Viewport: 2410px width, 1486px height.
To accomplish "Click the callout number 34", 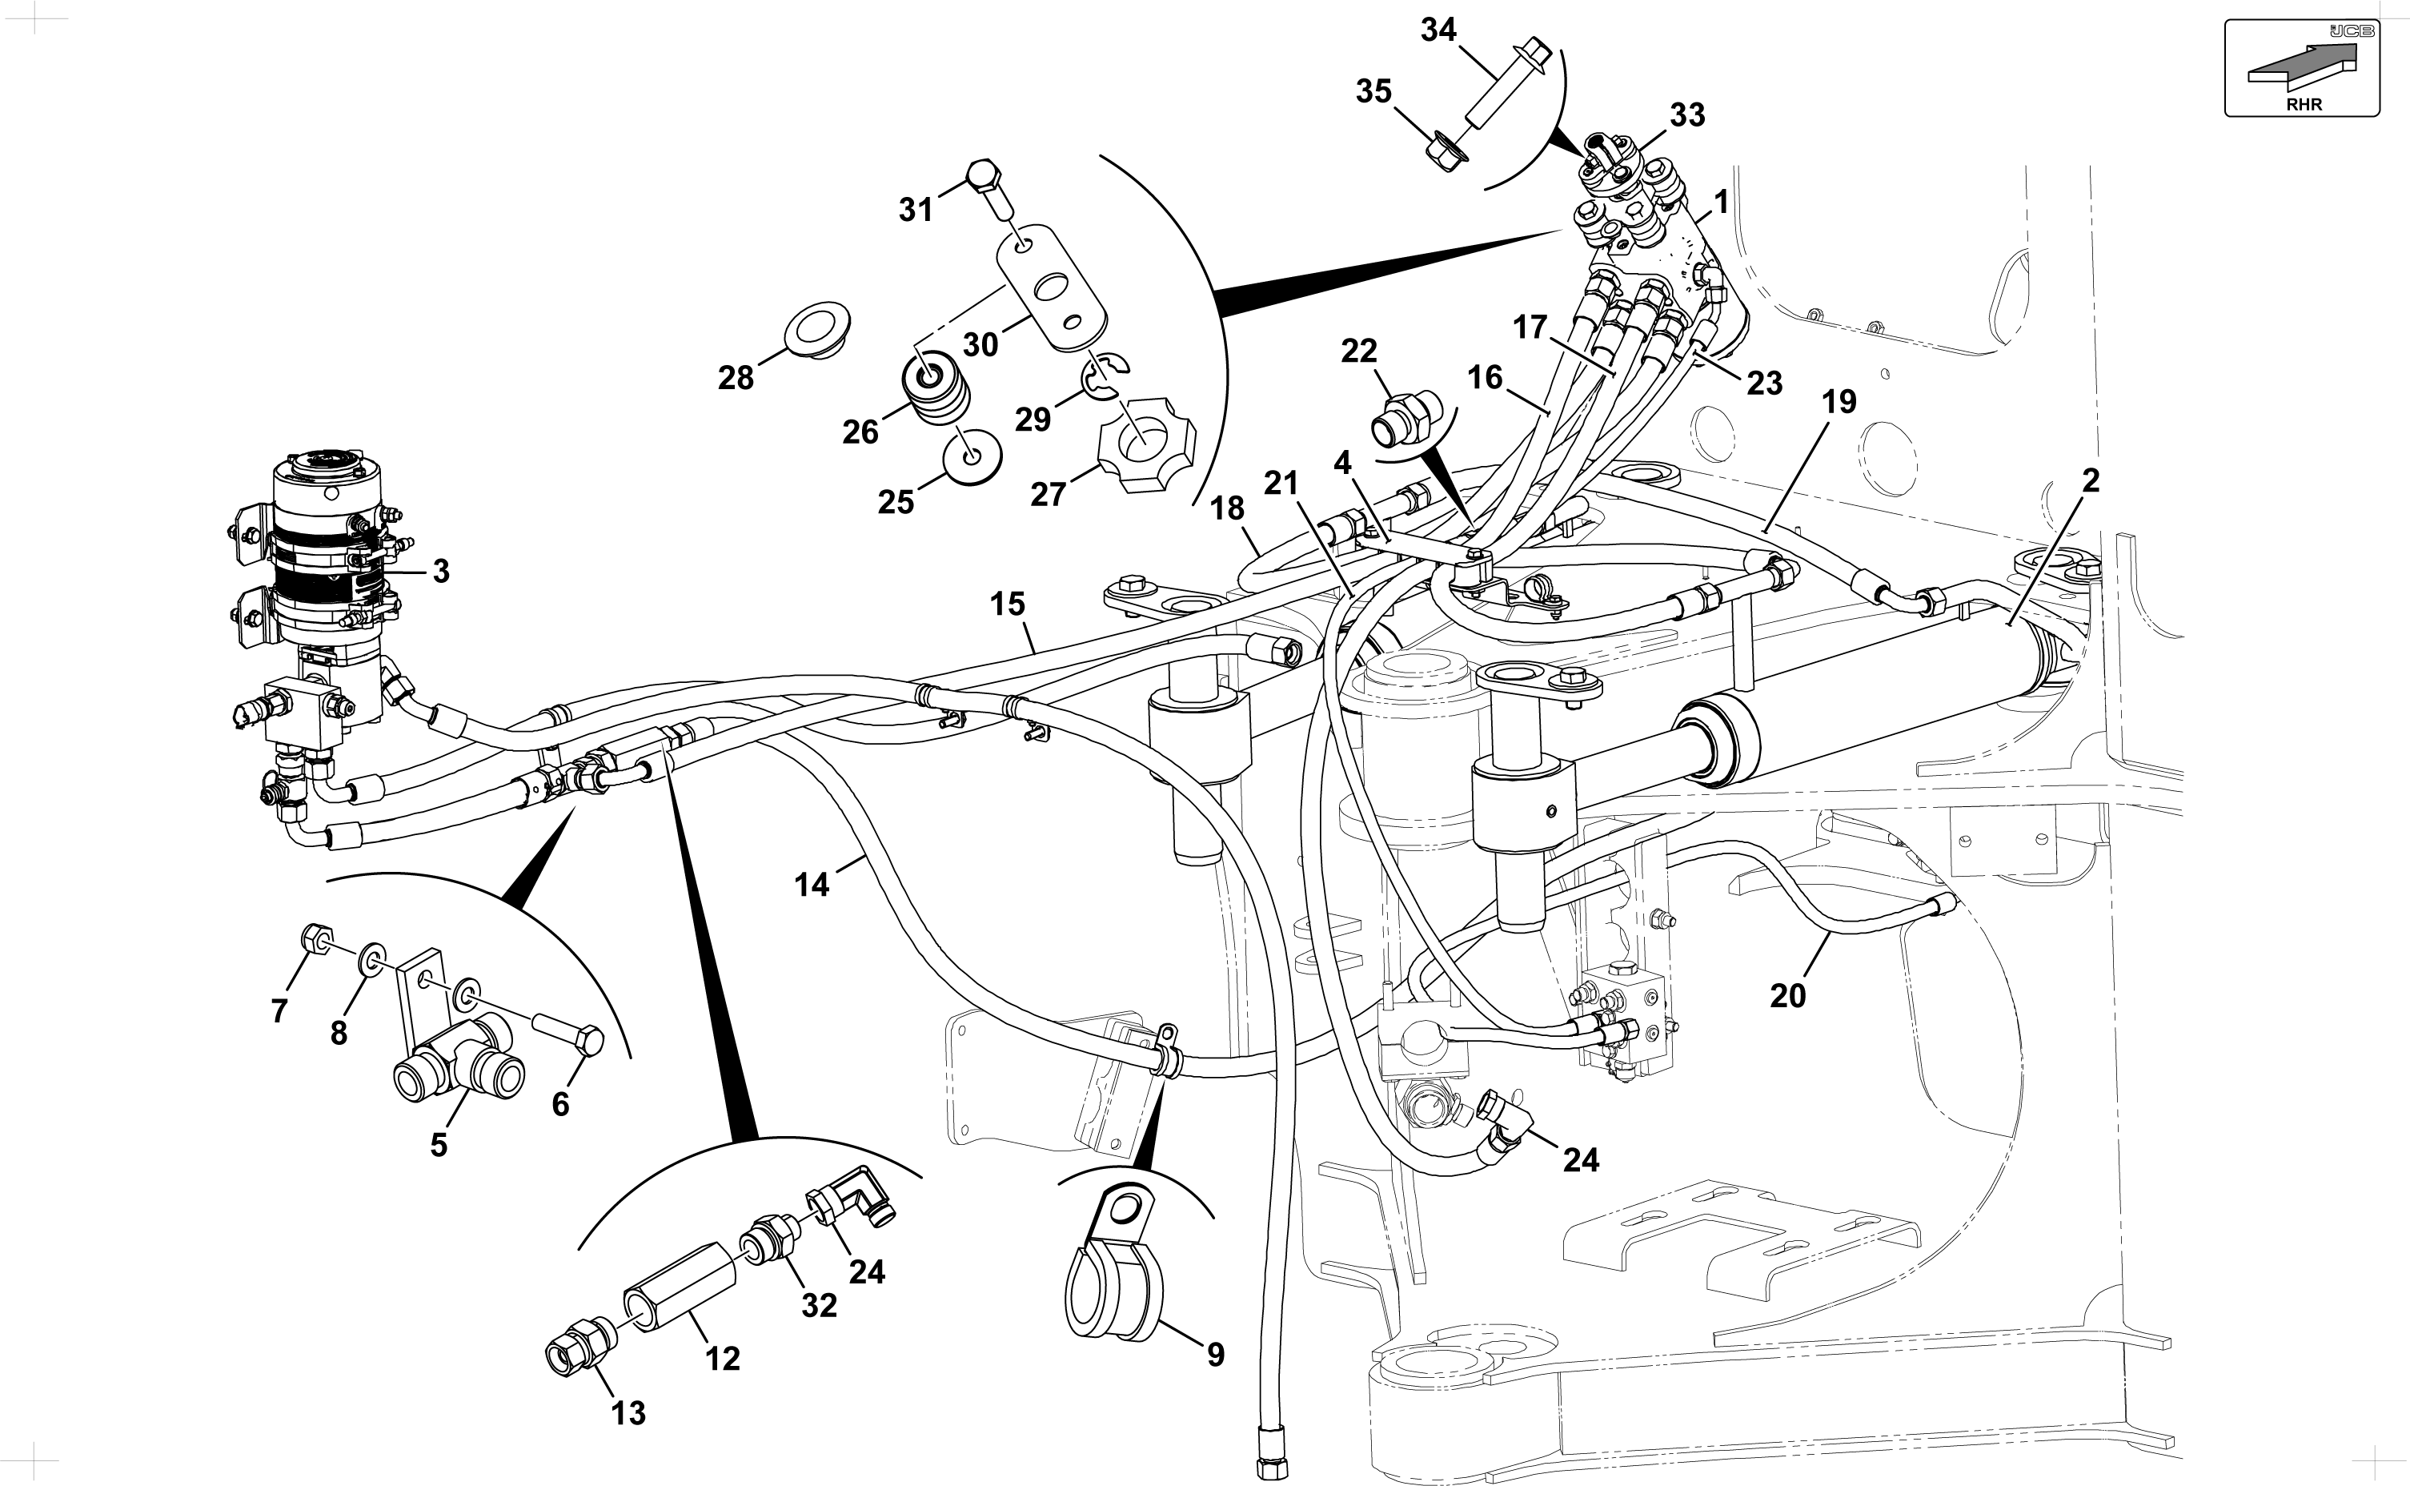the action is [1438, 30].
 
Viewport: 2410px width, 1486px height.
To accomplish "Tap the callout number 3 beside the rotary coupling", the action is [441, 571].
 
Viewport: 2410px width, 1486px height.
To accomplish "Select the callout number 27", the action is [1049, 494].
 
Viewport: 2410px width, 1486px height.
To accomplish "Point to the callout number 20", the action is [1788, 997].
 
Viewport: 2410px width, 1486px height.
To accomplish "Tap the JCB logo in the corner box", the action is [2351, 31].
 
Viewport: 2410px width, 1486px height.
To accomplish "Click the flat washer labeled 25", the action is [972, 454].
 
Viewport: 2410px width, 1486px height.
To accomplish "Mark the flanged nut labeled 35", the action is [1443, 147].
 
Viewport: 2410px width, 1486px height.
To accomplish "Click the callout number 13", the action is [629, 1413].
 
